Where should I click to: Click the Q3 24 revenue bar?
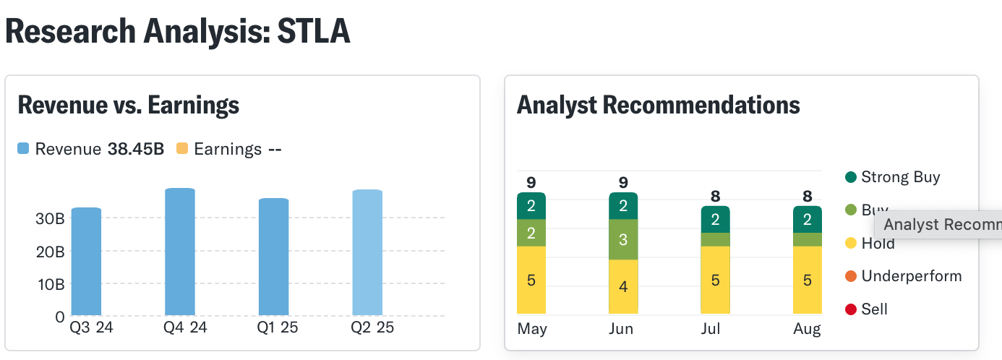click(x=86, y=261)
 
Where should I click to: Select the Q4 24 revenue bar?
click(x=180, y=252)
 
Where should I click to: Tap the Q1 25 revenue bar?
click(x=273, y=257)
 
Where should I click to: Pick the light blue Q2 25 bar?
click(x=367, y=252)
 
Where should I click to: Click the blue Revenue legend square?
click(x=23, y=149)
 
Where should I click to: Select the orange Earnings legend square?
click(x=182, y=149)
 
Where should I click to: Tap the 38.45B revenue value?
click(x=136, y=149)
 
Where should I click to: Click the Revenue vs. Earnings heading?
click(x=128, y=106)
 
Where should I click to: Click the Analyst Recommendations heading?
click(x=658, y=106)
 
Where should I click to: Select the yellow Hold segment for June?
click(x=623, y=286)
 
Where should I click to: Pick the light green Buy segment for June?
click(x=623, y=239)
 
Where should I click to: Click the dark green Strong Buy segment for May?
click(x=531, y=206)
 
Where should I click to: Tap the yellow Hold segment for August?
click(x=808, y=280)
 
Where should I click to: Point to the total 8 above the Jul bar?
click(x=715, y=196)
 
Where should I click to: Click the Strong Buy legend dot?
click(x=850, y=177)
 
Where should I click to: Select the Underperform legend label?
click(x=911, y=276)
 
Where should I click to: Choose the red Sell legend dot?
click(x=850, y=309)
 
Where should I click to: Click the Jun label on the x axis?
click(x=621, y=329)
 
